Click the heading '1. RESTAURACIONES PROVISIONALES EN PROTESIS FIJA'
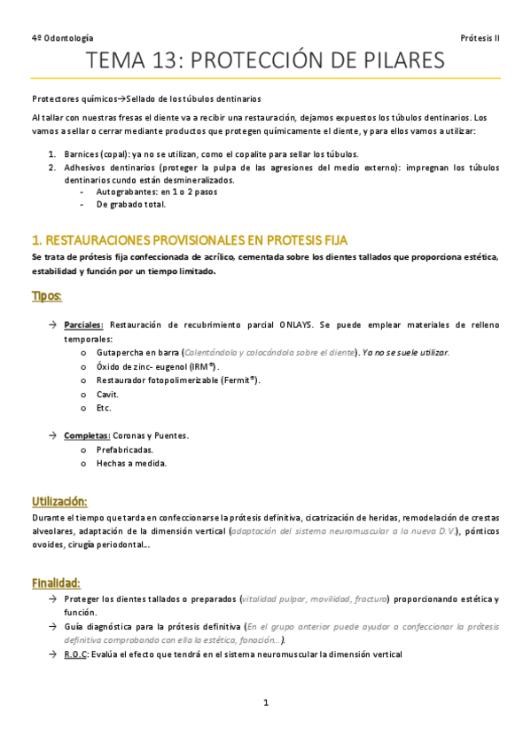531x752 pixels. point(190,240)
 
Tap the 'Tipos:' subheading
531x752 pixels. point(47,295)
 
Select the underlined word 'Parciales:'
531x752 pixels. point(83,325)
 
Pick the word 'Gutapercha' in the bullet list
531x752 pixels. point(124,352)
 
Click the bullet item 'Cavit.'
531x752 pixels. point(107,394)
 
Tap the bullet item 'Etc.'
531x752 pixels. point(104,408)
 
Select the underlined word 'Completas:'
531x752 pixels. point(86,435)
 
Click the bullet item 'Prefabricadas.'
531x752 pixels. point(129,449)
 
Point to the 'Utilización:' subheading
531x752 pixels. point(59,501)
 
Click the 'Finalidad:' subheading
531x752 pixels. point(56,583)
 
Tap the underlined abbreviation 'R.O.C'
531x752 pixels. point(74,654)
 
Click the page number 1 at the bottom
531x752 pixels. point(265,703)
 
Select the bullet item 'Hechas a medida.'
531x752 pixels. point(131,463)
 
